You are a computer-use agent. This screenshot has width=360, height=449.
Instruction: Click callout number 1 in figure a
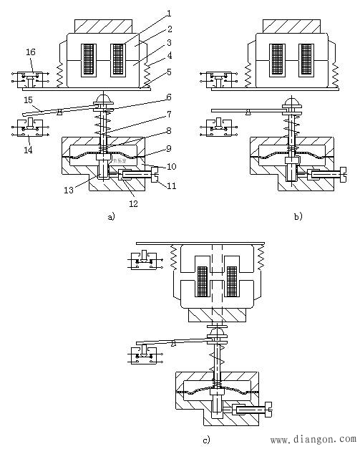tap(169, 14)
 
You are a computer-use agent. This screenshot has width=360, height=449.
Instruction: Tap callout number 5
tap(169, 72)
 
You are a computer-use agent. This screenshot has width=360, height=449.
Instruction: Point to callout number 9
tap(169, 148)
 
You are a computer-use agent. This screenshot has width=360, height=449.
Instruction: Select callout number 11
tap(172, 186)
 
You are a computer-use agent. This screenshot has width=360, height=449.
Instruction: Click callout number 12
tap(133, 203)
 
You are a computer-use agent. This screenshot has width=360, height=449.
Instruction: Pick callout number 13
tap(69, 190)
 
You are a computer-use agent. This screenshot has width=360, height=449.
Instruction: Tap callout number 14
tap(28, 150)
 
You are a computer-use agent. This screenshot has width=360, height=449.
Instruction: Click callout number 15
tap(28, 100)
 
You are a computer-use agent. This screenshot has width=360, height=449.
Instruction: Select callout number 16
tap(30, 52)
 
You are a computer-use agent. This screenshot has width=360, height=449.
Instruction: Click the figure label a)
tap(111, 216)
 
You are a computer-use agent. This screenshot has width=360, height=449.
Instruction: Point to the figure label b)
tap(298, 216)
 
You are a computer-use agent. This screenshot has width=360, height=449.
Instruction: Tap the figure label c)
tap(206, 440)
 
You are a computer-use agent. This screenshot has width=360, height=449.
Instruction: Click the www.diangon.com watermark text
tap(313, 439)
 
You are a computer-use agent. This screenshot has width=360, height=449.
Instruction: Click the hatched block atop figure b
tap(291, 26)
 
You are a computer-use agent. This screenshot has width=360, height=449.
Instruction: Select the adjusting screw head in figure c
tap(268, 410)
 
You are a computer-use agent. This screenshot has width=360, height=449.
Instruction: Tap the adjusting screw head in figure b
tap(343, 175)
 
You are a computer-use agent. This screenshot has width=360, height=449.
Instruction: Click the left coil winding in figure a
tap(89, 59)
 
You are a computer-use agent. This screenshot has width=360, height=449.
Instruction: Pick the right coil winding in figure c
tap(232, 281)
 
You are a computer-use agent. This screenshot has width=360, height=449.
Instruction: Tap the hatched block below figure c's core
tap(217, 315)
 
